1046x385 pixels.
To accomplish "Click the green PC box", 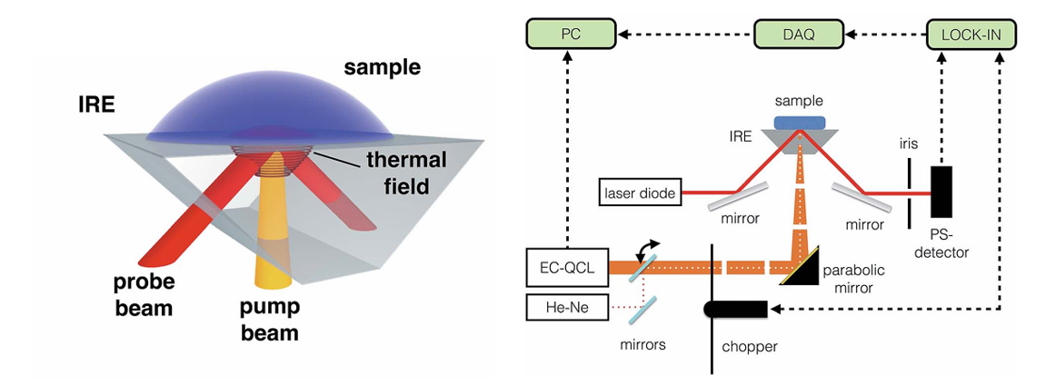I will [565, 35].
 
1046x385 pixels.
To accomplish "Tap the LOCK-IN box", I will [971, 35].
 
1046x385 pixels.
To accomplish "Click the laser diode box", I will [640, 192].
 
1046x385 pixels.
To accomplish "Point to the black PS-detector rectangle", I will [940, 195].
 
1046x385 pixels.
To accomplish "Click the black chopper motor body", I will [736, 310].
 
